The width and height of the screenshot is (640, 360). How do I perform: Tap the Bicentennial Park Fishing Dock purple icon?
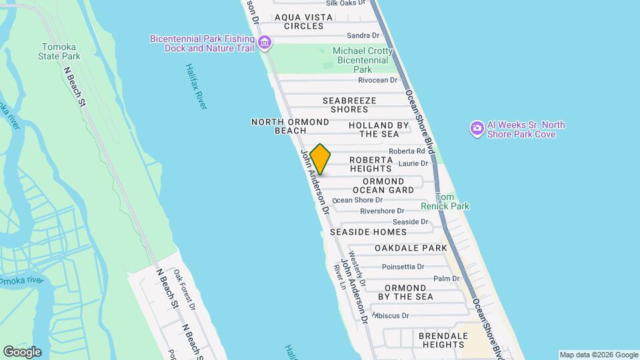[x=265, y=44]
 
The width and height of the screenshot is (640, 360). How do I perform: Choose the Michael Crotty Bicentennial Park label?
[x=361, y=60]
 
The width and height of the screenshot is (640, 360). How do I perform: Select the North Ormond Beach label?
[x=290, y=126]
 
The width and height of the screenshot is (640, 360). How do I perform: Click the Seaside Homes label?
[x=368, y=232]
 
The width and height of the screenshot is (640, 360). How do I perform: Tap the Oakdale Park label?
[x=410, y=248]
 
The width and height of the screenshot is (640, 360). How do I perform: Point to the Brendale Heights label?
[x=443, y=340]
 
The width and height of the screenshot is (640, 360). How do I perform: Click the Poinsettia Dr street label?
[x=403, y=267]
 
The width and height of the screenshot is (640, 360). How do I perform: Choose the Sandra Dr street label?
[x=363, y=35]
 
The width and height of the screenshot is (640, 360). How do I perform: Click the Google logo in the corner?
[x=22, y=352]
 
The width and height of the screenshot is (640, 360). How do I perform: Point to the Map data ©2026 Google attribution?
[x=598, y=355]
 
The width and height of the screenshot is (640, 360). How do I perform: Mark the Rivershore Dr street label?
[x=382, y=211]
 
